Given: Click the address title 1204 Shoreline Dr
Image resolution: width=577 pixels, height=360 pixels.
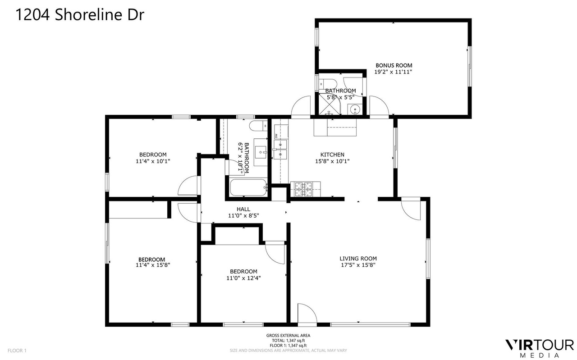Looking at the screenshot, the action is pyautogui.click(x=80, y=14).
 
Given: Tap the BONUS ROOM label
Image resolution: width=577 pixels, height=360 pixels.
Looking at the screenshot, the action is pyautogui.click(x=394, y=65).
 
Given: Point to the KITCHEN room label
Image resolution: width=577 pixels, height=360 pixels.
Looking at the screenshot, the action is pyautogui.click(x=332, y=155).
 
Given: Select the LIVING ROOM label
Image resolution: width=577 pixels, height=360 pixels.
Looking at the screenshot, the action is pyautogui.click(x=358, y=259).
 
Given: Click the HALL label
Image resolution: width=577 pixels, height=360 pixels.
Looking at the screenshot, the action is pyautogui.click(x=243, y=209).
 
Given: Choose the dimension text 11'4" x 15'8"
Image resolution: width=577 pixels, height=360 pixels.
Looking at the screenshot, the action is pyautogui.click(x=153, y=265).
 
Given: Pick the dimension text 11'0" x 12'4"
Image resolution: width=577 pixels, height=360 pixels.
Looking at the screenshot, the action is pyautogui.click(x=244, y=278).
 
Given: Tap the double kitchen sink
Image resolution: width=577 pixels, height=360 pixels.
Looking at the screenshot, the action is pyautogui.click(x=280, y=150).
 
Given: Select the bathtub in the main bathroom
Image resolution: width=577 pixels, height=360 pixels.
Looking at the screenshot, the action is pyautogui.click(x=248, y=187).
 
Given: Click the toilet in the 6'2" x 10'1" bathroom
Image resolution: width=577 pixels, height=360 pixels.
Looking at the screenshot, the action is pyautogui.click(x=259, y=126).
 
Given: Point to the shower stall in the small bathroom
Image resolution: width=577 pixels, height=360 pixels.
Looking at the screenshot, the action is pyautogui.click(x=330, y=104).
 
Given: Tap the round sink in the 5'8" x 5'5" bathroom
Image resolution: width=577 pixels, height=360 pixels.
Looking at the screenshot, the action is pyautogui.click(x=355, y=109).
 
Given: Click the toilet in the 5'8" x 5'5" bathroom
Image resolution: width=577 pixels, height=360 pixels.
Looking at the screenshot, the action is pyautogui.click(x=328, y=84).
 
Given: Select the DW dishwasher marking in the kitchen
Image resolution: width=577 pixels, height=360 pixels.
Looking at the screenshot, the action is pyautogui.click(x=276, y=136).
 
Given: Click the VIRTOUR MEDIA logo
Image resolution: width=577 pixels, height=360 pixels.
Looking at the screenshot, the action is pyautogui.click(x=540, y=348).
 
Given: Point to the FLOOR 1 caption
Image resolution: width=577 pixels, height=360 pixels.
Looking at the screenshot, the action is pyautogui.click(x=17, y=351).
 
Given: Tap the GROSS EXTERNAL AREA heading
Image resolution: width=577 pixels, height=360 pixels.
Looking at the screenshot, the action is pyautogui.click(x=288, y=336).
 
